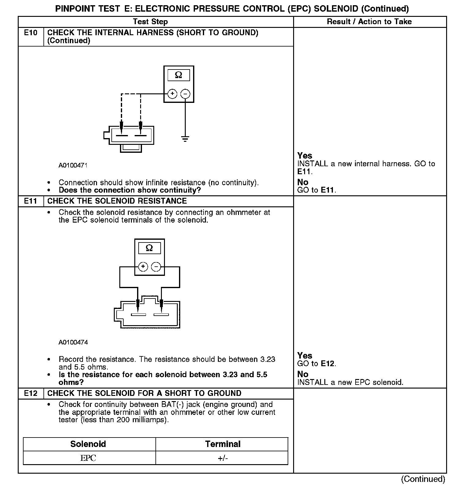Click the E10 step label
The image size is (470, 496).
click(31, 33)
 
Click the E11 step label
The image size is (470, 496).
click(31, 201)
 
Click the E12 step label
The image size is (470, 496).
click(31, 393)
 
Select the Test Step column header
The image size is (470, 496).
click(150, 22)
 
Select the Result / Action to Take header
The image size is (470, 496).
click(369, 22)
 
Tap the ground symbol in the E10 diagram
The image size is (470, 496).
click(185, 139)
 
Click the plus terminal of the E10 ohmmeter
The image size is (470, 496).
click(172, 94)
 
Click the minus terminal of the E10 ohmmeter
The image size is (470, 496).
click(185, 94)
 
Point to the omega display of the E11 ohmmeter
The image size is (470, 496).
click(149, 248)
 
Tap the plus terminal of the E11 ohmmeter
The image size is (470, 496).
click(143, 267)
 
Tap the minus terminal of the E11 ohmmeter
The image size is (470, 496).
click(156, 267)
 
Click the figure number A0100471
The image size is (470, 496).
click(73, 166)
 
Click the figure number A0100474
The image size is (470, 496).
click(73, 342)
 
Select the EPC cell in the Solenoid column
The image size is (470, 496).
click(88, 458)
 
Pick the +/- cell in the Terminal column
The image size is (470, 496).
click(223, 458)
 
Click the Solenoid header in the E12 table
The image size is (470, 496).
click(88, 444)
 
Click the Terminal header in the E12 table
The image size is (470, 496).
click(223, 444)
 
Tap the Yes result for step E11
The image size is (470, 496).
click(305, 355)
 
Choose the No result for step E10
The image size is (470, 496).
click(303, 182)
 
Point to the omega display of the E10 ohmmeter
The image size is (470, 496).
click(179, 75)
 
